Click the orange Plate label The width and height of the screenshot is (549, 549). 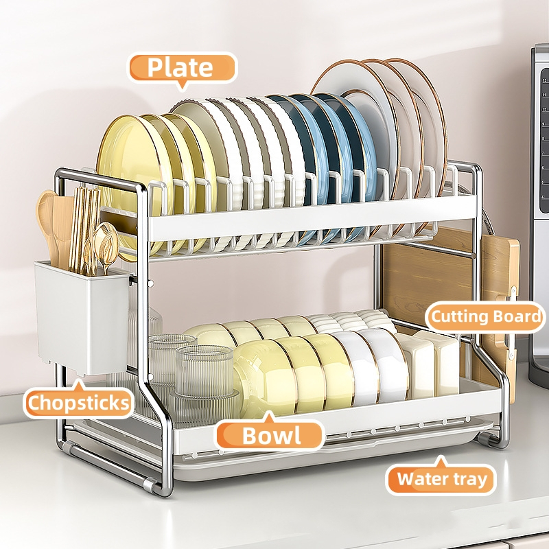click(x=181, y=68)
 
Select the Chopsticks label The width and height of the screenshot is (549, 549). click(x=78, y=403)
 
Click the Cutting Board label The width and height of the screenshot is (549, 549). click(x=486, y=317)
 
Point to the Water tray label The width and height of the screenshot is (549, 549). click(x=441, y=478)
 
